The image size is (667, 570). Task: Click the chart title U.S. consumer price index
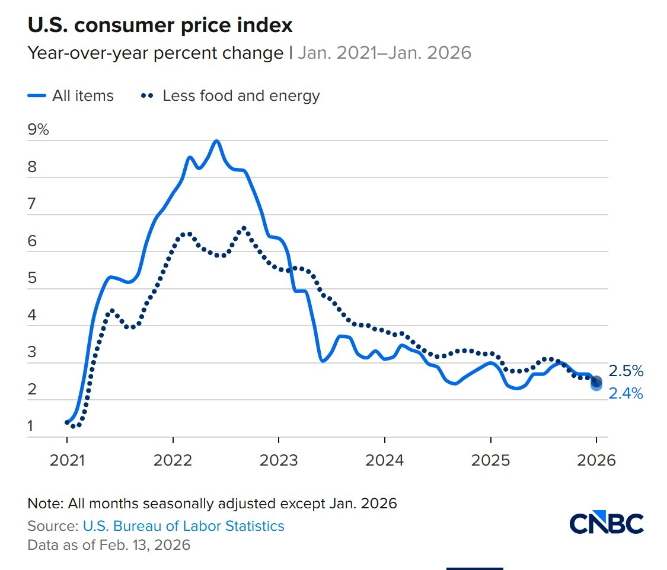click(x=160, y=26)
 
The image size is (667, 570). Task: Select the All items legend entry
click(x=71, y=95)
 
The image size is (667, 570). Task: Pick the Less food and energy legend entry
click(x=231, y=95)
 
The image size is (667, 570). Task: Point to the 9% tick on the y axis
click(x=39, y=130)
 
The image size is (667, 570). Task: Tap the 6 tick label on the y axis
click(x=32, y=241)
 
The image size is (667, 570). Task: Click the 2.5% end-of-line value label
click(x=626, y=371)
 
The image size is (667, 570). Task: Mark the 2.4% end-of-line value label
click(x=626, y=393)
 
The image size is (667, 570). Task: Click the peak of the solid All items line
click(x=216, y=141)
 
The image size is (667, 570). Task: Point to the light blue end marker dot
click(x=596, y=386)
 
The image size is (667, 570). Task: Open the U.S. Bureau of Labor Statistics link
click(x=183, y=526)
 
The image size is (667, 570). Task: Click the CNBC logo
click(x=607, y=523)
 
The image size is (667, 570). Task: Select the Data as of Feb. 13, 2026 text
click(x=109, y=544)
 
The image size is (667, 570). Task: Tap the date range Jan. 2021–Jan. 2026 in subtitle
click(x=384, y=53)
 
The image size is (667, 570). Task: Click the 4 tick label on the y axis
click(x=32, y=316)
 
